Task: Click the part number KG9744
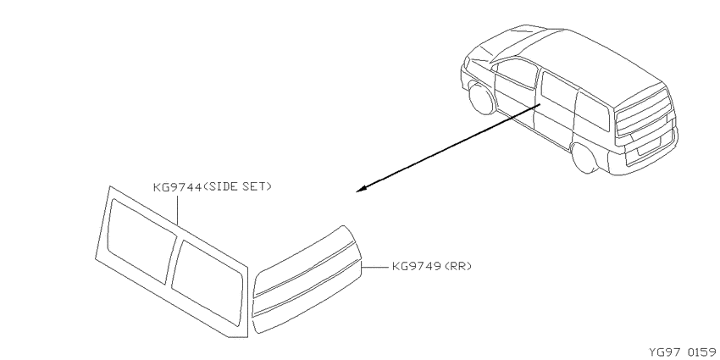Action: pos(177,187)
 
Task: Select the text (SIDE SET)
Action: pos(237,186)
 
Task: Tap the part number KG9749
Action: pos(417,266)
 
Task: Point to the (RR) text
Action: pos(457,266)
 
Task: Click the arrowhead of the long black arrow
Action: pos(362,189)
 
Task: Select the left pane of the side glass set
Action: pos(141,241)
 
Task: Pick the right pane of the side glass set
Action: pos(207,283)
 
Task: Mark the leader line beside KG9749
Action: pos(375,266)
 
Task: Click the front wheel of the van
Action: pos(481,97)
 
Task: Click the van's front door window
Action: pos(517,74)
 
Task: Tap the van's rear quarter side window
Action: pos(593,112)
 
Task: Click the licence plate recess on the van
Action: pos(648,146)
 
